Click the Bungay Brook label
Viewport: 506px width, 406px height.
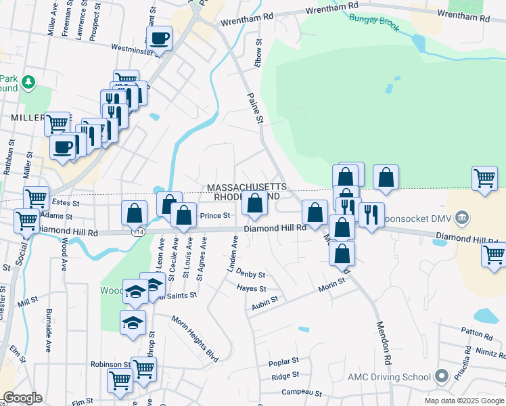point(374,24)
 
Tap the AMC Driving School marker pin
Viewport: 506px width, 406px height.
point(442,376)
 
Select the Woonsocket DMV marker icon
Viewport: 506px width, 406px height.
point(462,217)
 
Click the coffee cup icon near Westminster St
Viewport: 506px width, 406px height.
point(160,39)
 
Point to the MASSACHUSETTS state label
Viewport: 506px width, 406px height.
point(247,187)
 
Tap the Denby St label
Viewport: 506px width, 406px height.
point(251,275)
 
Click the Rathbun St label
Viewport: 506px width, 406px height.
point(11,157)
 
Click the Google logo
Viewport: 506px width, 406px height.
point(22,398)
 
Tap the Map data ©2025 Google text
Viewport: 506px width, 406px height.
point(463,401)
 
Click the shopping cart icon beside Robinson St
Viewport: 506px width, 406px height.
point(144,369)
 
